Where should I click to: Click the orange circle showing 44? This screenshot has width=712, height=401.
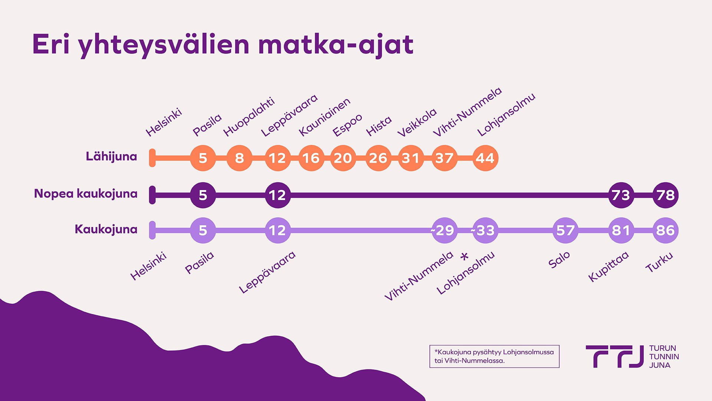[x=485, y=158]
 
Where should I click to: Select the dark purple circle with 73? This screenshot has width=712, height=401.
[x=621, y=195]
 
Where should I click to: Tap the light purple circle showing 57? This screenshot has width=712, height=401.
[x=565, y=231]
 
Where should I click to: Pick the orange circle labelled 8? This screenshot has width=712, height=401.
[x=240, y=158]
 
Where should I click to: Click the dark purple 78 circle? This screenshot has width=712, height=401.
[x=665, y=195]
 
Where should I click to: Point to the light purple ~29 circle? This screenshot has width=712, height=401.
[x=444, y=231]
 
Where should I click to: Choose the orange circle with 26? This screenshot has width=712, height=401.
[x=378, y=158]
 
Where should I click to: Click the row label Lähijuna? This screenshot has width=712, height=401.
[x=111, y=156]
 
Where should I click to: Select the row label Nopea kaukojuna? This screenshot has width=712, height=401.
[x=86, y=193]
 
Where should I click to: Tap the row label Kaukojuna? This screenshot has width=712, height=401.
[x=106, y=229]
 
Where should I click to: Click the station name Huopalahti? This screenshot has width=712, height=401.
[x=249, y=117]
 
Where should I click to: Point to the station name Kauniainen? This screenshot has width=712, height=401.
[x=324, y=117]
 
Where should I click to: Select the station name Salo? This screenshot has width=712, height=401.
[x=559, y=260]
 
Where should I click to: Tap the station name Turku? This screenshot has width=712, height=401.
[x=659, y=262]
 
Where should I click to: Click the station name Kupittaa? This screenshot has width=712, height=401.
[x=609, y=266]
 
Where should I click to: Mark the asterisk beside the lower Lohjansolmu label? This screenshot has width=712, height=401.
[x=464, y=256]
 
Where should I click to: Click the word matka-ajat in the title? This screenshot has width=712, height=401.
[x=336, y=45]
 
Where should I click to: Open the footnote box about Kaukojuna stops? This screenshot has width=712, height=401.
[x=494, y=356]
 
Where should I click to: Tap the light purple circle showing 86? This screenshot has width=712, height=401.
[x=665, y=231]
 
